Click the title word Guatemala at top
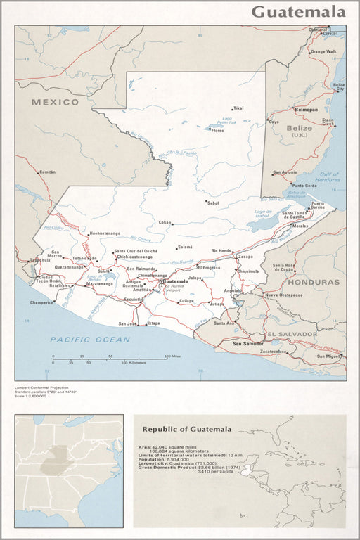click(298, 12)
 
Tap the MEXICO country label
click(56, 102)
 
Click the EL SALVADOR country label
click(291, 333)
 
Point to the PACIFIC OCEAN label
click(90, 340)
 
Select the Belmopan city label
click(306, 110)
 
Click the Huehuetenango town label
click(105, 233)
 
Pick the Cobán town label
click(165, 222)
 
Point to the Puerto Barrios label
click(318, 205)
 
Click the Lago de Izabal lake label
click(263, 213)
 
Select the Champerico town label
click(42, 302)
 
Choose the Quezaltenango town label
click(69, 267)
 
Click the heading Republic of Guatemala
click(186, 429)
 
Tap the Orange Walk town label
click(323, 51)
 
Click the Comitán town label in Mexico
click(47, 172)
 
